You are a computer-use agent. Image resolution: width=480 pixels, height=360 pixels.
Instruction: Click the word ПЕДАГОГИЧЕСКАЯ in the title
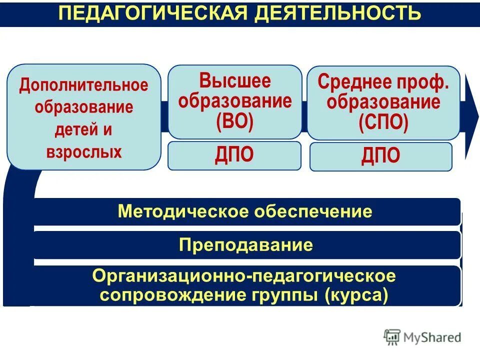153,13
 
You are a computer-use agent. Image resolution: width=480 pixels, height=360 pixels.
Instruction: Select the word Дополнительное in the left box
84,84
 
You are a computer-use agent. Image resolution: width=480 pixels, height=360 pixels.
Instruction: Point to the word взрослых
84,152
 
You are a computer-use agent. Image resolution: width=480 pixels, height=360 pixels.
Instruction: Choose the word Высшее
235,80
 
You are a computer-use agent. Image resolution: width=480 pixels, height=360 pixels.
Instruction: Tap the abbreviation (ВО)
235,122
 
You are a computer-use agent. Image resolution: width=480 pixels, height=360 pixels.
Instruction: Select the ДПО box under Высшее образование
234,155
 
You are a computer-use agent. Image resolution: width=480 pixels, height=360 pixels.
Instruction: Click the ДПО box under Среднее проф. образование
381,156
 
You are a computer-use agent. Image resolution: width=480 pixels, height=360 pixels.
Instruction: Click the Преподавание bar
246,245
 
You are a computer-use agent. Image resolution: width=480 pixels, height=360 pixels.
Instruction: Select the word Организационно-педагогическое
244,275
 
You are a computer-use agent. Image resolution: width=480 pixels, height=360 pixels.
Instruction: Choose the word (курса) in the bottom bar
356,294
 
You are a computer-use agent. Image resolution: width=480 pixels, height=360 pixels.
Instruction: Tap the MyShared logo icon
392,337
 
